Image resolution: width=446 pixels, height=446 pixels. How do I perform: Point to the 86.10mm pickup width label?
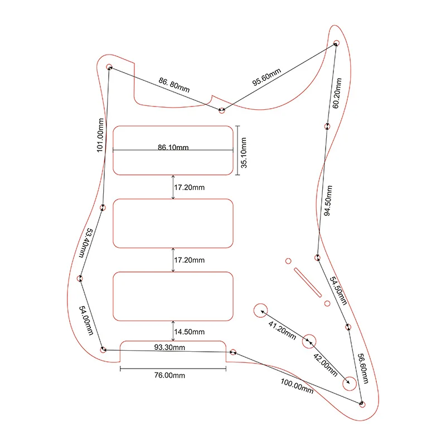click(173, 148)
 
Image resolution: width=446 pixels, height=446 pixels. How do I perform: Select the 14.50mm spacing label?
click(189, 331)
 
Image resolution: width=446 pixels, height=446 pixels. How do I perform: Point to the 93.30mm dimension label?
click(169, 347)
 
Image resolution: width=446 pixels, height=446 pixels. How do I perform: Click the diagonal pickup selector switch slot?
click(307, 282)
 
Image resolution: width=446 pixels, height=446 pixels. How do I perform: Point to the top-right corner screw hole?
click(337, 43)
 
